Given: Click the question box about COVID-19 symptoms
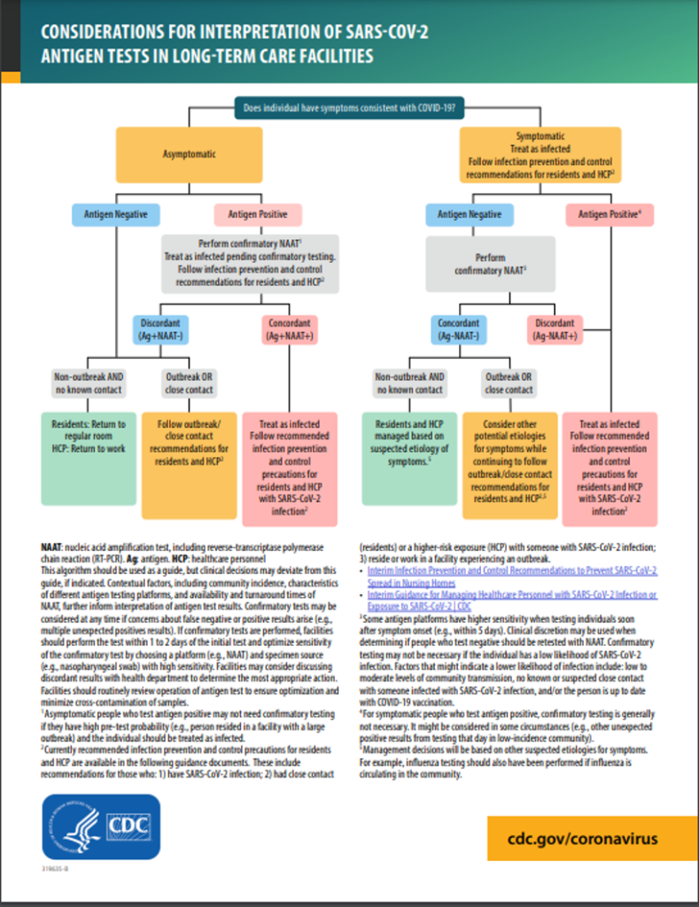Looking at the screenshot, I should pyautogui.click(x=349, y=110).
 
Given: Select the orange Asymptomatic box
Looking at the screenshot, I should pyautogui.click(x=189, y=154).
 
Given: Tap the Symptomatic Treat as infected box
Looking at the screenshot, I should pyautogui.click(x=540, y=155).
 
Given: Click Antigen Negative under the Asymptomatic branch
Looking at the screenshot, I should pyautogui.click(x=116, y=214).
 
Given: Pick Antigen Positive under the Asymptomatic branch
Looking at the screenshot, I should pyautogui.click(x=258, y=214).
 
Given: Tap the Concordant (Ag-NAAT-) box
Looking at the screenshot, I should pyautogui.click(x=458, y=329).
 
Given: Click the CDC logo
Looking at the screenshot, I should pyautogui.click(x=101, y=826).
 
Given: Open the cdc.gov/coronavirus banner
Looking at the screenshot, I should pyautogui.click(x=582, y=838).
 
